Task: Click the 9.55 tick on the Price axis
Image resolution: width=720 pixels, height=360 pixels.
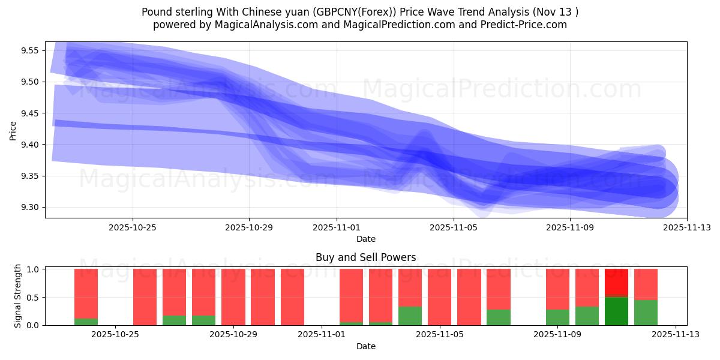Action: click(29, 50)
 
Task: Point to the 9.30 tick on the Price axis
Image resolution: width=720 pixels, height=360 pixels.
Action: click(29, 208)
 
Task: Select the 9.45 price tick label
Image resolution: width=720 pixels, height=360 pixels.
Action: click(29, 113)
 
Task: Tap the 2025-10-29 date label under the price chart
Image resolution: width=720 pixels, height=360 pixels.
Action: click(249, 227)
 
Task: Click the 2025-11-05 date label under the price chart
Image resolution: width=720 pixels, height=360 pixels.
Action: click(453, 227)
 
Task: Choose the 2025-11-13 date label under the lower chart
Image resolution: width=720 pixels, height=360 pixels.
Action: click(676, 335)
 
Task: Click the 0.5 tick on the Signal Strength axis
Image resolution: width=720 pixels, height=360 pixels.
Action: click(34, 298)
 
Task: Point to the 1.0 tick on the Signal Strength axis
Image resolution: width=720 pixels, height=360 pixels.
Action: click(34, 269)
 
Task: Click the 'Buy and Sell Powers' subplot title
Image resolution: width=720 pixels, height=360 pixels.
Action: click(365, 257)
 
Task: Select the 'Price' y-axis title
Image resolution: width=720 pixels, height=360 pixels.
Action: click(13, 130)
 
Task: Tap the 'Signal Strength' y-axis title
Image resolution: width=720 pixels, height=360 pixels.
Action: click(18, 296)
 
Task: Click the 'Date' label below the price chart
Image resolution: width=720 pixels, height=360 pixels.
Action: click(366, 239)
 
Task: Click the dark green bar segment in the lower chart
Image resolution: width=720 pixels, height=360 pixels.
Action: click(616, 311)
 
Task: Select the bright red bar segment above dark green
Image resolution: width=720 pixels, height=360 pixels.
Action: click(616, 283)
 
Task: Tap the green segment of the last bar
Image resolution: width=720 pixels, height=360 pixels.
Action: click(646, 313)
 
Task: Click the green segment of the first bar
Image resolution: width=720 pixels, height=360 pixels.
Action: click(86, 322)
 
